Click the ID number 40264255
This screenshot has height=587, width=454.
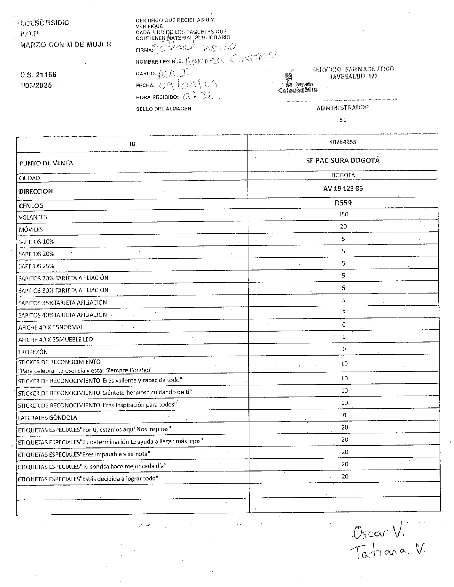(342, 142)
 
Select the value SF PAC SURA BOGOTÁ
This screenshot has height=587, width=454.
(342, 160)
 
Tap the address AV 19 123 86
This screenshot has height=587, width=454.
(343, 189)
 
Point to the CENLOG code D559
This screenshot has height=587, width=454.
(343, 203)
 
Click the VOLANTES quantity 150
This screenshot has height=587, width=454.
(343, 214)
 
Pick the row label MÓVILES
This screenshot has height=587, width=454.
(30, 229)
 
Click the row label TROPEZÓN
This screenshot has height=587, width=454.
(33, 352)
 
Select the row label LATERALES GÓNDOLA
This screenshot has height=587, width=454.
(48, 418)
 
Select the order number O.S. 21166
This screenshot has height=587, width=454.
(38, 75)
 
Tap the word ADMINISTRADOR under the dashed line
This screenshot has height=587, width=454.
(343, 108)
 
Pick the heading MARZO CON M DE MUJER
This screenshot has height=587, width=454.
(66, 44)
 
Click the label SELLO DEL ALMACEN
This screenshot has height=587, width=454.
(163, 109)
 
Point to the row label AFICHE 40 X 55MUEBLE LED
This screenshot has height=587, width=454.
(55, 339)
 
